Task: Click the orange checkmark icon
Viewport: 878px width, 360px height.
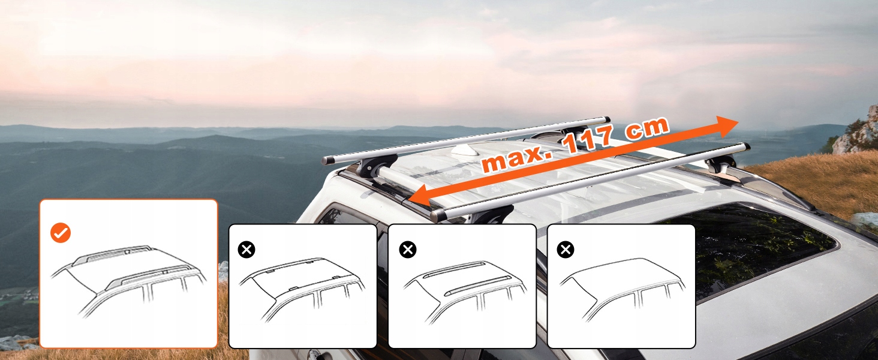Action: click(61, 233)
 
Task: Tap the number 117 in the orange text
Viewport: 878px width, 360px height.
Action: click(587, 140)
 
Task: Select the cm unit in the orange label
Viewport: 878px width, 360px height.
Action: click(647, 127)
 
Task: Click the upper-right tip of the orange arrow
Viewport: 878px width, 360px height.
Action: click(738, 121)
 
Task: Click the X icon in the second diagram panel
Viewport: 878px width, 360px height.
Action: click(246, 250)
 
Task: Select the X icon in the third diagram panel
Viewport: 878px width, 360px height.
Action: click(408, 250)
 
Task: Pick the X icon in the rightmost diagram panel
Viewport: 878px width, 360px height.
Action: click(565, 250)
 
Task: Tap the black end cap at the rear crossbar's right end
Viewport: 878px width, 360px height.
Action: click(607, 119)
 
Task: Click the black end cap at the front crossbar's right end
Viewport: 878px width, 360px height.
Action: click(746, 147)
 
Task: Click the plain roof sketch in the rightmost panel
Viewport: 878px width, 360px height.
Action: click(622, 290)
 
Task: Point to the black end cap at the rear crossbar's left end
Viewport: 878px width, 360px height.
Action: click(326, 160)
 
